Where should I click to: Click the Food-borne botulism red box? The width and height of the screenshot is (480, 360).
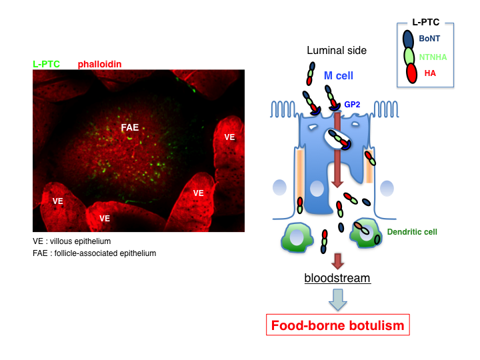coord(337,325)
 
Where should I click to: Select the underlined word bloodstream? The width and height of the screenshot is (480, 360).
coord(337,277)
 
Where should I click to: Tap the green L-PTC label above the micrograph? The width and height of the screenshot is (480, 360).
coord(46,65)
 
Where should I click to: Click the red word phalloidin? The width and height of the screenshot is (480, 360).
coord(99,65)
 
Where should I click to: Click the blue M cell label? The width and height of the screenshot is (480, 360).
coord(338,77)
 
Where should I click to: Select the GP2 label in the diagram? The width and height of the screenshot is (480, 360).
coord(352,105)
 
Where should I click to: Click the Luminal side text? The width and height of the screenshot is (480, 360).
coord(337,51)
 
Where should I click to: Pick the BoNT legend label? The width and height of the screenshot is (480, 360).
coord(429,39)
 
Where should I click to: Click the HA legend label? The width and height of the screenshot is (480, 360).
coord(430,73)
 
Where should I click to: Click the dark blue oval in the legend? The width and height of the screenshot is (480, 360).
coord(408,39)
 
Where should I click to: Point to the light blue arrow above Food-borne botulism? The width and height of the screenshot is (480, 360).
coord(338,299)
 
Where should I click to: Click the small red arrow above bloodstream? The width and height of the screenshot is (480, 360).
coord(338,260)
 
